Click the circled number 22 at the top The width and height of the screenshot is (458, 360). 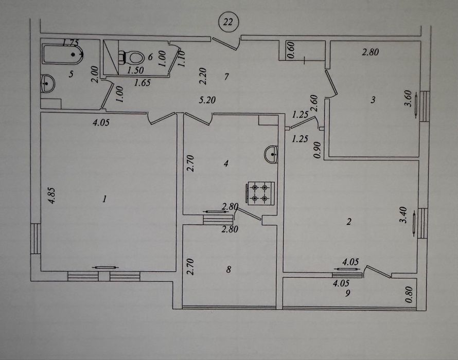pos(228,22)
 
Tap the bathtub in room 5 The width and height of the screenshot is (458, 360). pos(63,54)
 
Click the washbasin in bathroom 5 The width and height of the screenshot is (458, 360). pos(48,84)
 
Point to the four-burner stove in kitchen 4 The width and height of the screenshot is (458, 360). pos(261,193)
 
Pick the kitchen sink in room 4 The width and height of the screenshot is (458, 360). pos(271,154)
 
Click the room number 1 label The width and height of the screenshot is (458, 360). pos(104,200)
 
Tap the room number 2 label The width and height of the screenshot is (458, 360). pos(348,222)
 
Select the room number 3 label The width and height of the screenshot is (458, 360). pos(373,100)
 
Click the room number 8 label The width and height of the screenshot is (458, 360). pos(228,269)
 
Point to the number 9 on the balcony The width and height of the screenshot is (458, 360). pos(347,293)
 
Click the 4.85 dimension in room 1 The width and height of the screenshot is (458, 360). pos(51,195)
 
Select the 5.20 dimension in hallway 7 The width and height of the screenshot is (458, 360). pos(207,100)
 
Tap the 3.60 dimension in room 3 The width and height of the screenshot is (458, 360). pos(408,99)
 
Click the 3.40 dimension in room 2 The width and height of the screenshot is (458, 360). pos(403,215)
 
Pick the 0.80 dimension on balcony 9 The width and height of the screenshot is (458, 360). pos(409,294)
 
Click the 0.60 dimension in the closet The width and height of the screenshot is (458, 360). pos(291,50)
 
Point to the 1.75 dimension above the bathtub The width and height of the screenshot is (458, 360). pos(70,43)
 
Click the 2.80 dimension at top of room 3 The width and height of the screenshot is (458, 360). pos(371,52)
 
